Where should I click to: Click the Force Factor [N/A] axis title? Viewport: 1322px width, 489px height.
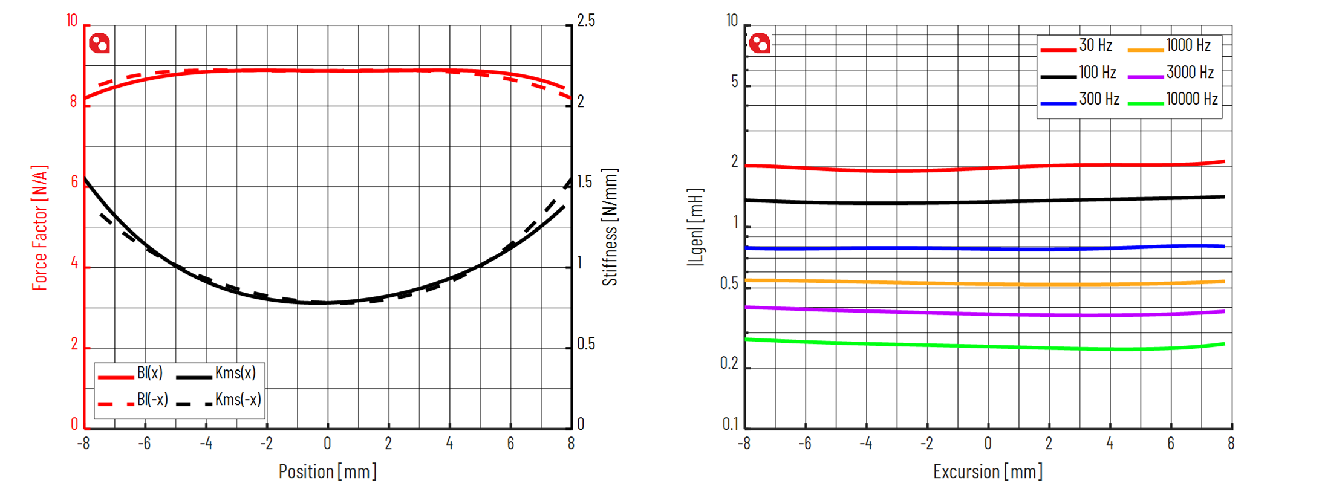[x=39, y=227]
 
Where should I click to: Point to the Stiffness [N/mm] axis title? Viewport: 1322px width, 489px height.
[x=610, y=227]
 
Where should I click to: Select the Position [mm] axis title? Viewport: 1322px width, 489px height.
[x=327, y=471]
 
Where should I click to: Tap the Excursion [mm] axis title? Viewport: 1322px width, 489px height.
[x=988, y=471]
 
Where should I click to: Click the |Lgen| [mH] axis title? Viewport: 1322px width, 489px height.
[x=695, y=227]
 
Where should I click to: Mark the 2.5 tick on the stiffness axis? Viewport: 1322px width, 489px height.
[x=585, y=21]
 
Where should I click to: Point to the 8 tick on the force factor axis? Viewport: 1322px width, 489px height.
[x=74, y=102]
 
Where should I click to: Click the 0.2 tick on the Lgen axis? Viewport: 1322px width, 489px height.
[x=730, y=363]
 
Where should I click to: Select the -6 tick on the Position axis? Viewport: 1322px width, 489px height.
[x=144, y=444]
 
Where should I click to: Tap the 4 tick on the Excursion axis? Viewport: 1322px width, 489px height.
[x=1110, y=444]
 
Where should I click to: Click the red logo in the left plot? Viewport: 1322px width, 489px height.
[x=99, y=44]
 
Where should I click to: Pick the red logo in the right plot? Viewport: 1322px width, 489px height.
[x=760, y=44]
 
